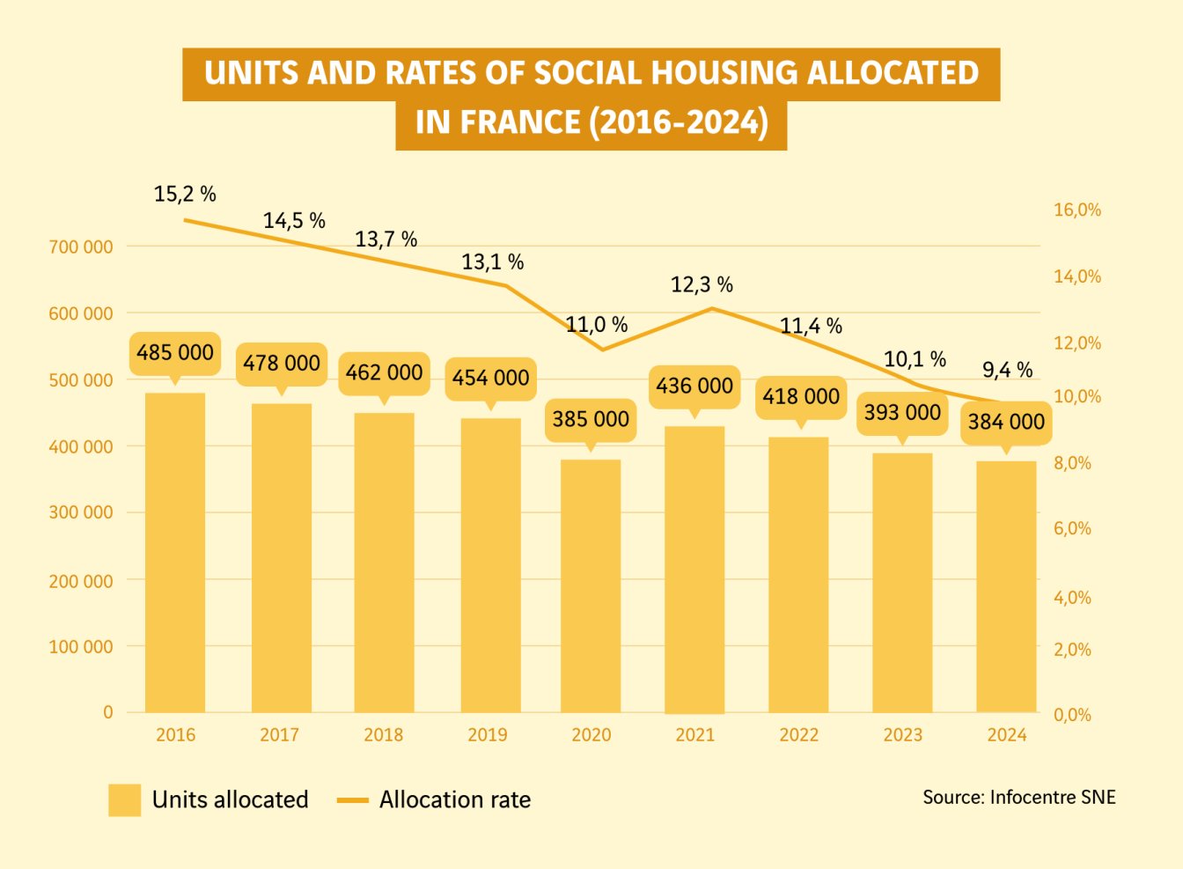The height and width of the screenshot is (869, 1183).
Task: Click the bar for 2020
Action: pyautogui.click(x=591, y=585)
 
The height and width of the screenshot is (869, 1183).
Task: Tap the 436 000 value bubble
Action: pyautogui.click(x=694, y=386)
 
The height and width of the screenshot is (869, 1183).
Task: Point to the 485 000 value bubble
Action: pyautogui.click(x=175, y=352)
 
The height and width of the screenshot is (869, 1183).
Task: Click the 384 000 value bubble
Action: pyautogui.click(x=1006, y=422)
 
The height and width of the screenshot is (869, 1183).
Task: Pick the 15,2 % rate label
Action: pyautogui.click(x=185, y=195)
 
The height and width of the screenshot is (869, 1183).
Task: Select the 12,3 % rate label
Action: pyautogui.click(x=702, y=284)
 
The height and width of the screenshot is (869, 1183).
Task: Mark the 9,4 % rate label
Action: pyautogui.click(x=1007, y=370)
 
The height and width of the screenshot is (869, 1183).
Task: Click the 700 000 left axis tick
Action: pyautogui.click(x=81, y=247)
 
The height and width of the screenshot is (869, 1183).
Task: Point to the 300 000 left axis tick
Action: pyautogui.click(x=81, y=512)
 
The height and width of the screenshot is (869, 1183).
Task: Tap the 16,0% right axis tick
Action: pyautogui.click(x=1077, y=210)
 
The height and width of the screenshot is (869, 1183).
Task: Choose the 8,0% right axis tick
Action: pyautogui.click(x=1072, y=463)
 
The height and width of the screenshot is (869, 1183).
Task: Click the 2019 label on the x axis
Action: pyautogui.click(x=487, y=735)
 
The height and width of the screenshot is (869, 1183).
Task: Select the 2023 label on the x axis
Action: pyautogui.click(x=902, y=735)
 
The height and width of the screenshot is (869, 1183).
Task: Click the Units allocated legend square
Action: pyautogui.click(x=124, y=799)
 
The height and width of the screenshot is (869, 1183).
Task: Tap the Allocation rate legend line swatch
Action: pyautogui.click(x=352, y=800)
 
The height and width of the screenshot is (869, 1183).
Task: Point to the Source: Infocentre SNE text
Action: pyautogui.click(x=1018, y=798)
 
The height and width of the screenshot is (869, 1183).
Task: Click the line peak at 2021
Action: pyautogui.click(x=710, y=308)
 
